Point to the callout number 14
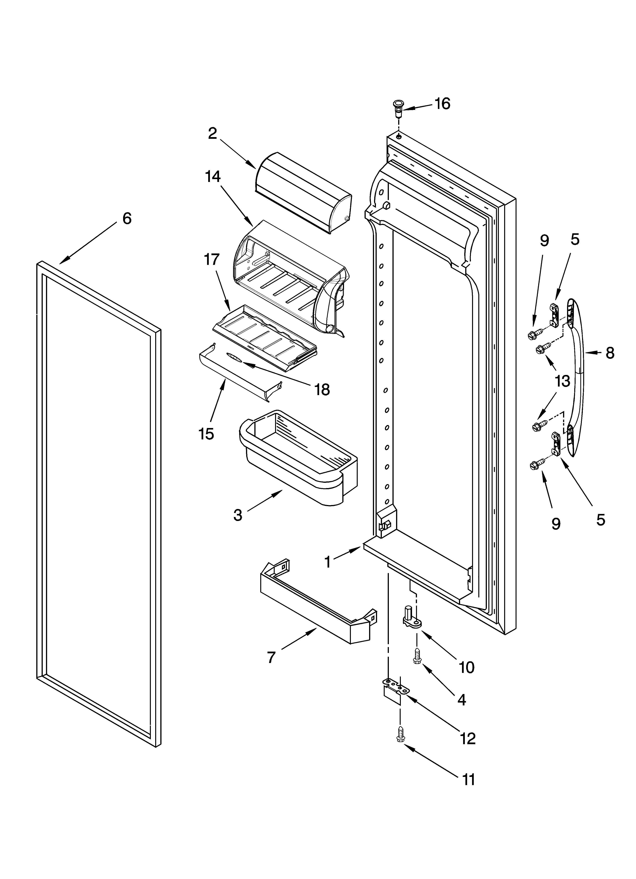213,177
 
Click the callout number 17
211,259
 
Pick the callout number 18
322,390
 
